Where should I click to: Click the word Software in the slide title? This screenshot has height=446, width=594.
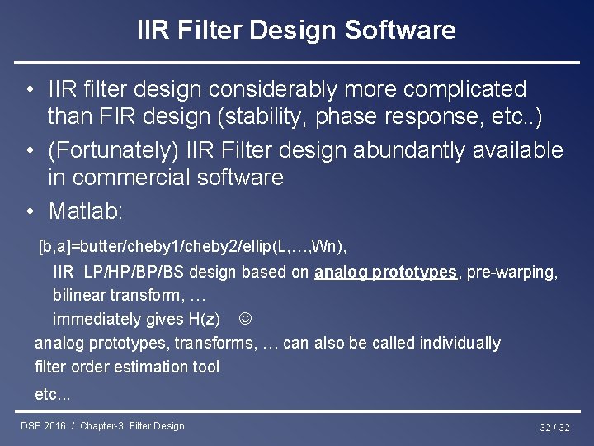[x=400, y=31]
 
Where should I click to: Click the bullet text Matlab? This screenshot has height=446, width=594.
[x=86, y=211]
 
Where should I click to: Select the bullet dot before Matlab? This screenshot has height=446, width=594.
[x=29, y=211]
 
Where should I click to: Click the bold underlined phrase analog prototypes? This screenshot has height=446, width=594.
[x=385, y=272]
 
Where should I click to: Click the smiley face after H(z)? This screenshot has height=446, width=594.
[x=245, y=319]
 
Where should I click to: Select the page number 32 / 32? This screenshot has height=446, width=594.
[x=554, y=427]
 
